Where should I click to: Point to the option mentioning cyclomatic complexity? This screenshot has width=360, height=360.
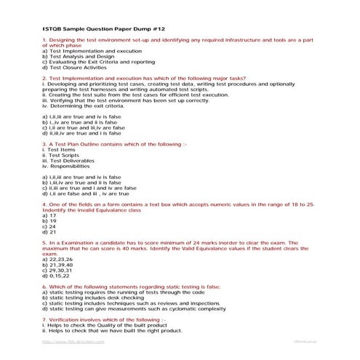tap(128, 308)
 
